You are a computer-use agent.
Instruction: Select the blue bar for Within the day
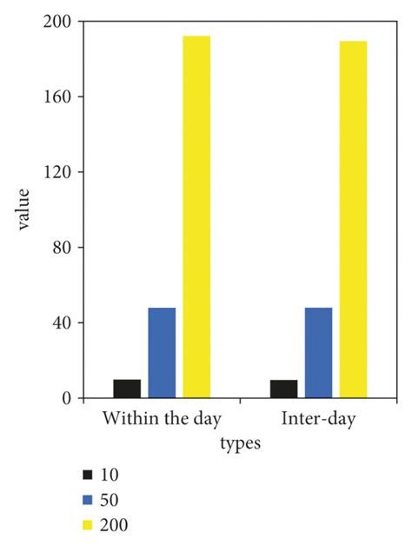[x=162, y=353]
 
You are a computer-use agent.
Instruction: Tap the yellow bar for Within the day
[x=196, y=217]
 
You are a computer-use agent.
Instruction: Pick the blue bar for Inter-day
[x=318, y=353]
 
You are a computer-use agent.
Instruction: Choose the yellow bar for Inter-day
[x=353, y=219]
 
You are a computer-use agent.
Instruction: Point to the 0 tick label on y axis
[x=66, y=399]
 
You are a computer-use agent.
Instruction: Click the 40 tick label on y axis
[x=62, y=323]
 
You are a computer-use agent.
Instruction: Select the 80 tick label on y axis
[x=62, y=248]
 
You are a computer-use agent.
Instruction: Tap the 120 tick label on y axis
[x=58, y=172]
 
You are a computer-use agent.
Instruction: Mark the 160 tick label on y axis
[x=58, y=97]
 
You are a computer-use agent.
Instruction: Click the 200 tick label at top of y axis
[x=58, y=21]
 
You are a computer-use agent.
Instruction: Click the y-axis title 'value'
[x=24, y=209]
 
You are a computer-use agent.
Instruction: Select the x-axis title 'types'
[x=240, y=443]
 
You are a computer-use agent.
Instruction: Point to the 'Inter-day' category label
[x=318, y=419]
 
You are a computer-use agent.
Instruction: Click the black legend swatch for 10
[x=87, y=475]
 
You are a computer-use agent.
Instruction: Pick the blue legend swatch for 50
[x=87, y=500]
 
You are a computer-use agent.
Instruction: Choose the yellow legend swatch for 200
[x=87, y=525]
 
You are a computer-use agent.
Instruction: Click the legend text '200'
[x=115, y=525]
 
